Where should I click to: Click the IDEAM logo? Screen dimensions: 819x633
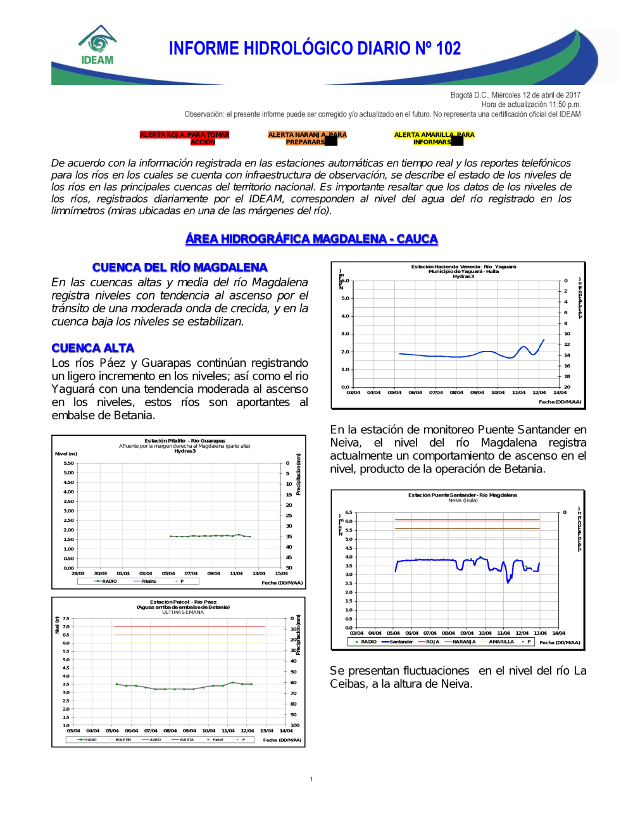97,46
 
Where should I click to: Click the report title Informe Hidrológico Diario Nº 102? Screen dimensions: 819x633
315,49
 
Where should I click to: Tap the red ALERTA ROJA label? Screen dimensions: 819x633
184,138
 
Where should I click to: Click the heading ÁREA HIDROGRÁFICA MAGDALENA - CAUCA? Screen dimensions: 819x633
311,239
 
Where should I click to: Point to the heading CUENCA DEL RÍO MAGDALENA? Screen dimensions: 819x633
180,267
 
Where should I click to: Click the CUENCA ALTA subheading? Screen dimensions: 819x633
93,348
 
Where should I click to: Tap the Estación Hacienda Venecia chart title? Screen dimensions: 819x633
463,267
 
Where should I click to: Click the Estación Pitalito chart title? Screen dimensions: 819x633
184,441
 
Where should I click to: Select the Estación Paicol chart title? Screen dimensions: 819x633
183,602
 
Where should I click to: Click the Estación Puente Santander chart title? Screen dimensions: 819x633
462,495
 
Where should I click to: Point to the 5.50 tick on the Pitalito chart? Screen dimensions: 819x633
68,463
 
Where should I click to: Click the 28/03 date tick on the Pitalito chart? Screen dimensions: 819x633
78,573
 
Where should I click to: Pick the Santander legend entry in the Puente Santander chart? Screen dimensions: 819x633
401,642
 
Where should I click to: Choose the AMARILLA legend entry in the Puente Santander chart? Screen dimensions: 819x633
501,642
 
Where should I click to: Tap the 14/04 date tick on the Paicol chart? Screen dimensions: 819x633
286,730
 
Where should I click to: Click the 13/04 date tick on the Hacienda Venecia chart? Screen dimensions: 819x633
560,392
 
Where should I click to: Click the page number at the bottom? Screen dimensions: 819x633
311,779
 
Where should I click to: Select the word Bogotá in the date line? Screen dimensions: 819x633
461,95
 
